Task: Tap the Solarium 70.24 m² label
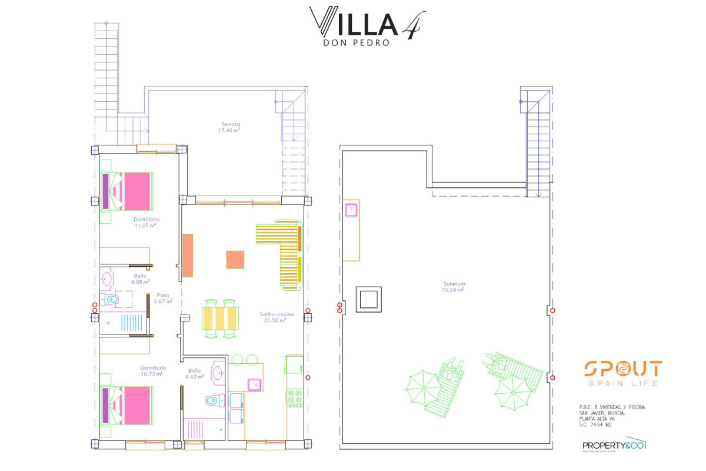(453, 287)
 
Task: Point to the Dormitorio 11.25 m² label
(145, 222)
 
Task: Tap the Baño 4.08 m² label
(141, 278)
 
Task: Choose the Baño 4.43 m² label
(194, 373)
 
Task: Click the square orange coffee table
(235, 260)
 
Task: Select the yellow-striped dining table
(221, 319)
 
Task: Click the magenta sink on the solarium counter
(352, 209)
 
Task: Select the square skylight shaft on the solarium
(369, 299)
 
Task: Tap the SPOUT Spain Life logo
(622, 373)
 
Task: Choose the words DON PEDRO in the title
(357, 42)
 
